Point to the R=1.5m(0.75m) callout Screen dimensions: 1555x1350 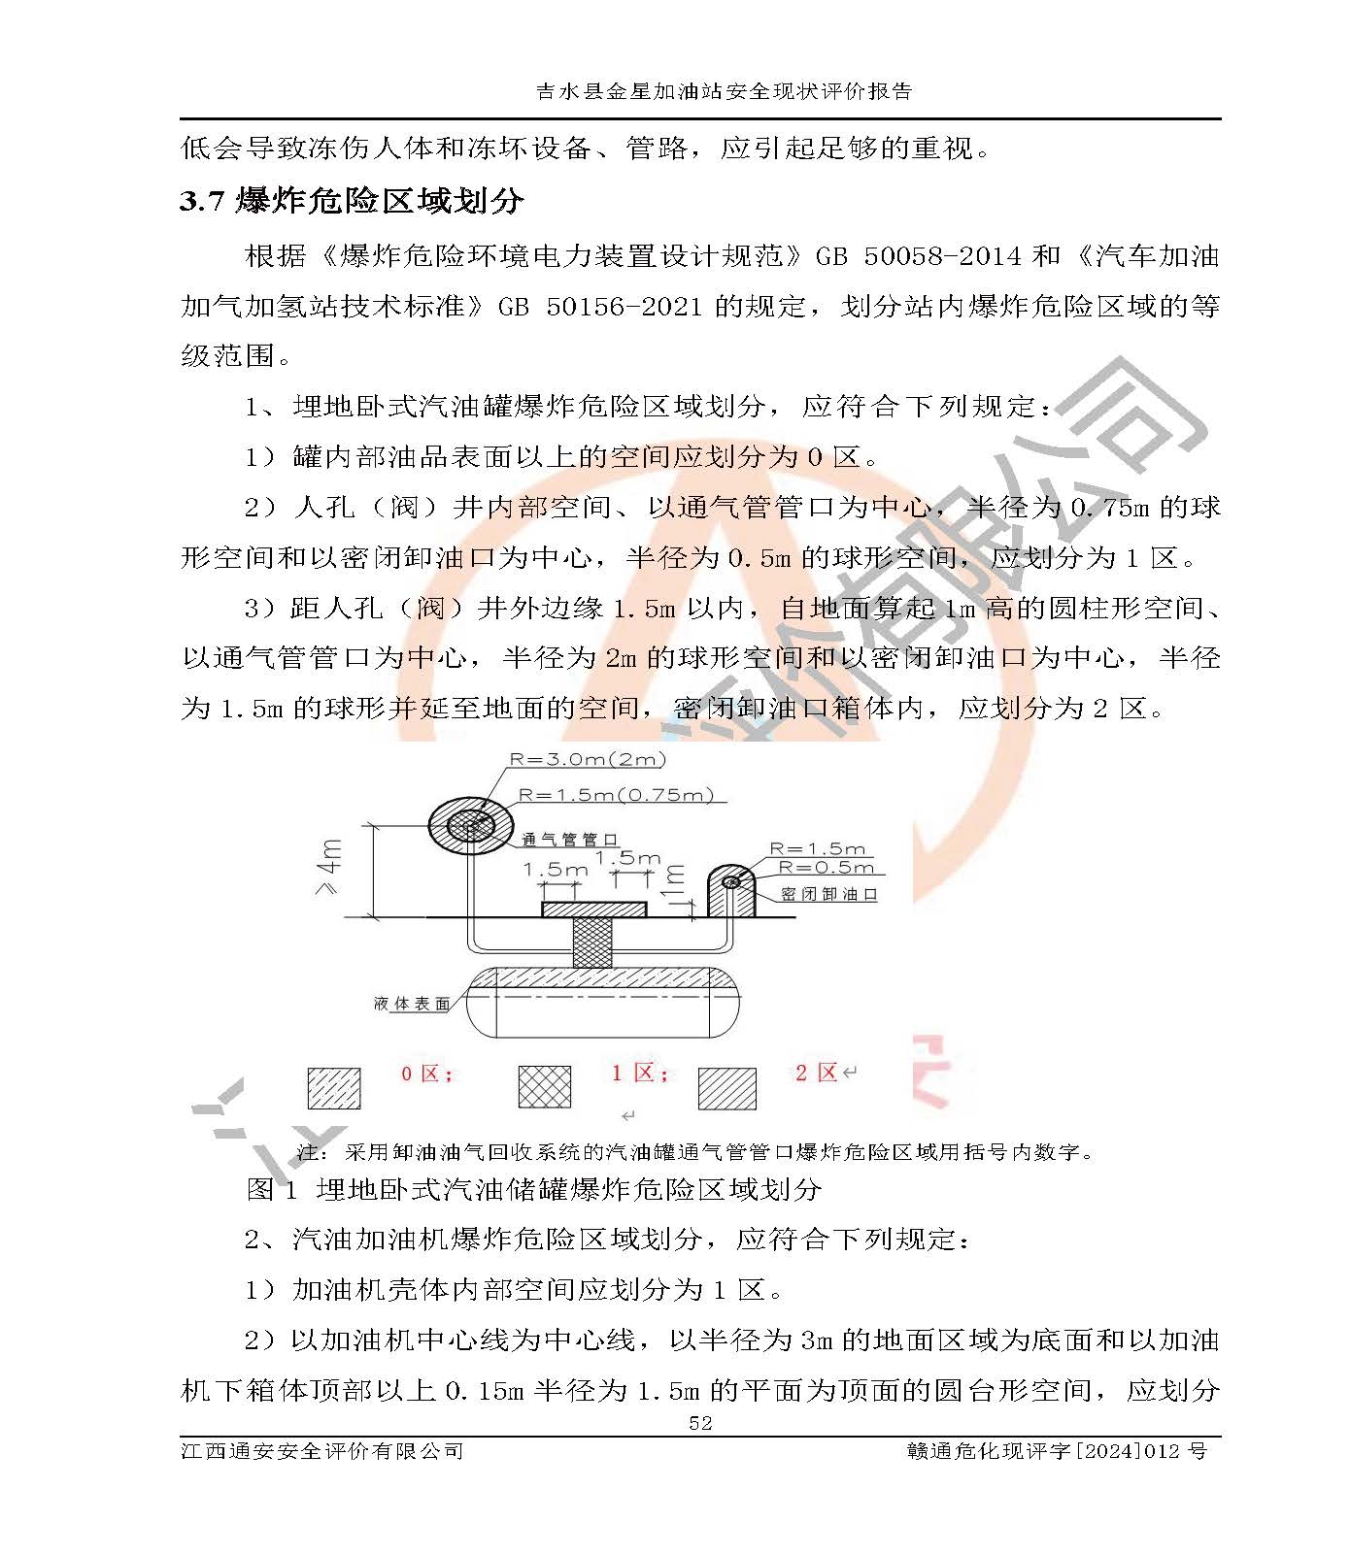[616, 795]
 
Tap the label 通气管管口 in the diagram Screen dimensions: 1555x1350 [569, 840]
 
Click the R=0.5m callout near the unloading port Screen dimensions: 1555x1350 [826, 868]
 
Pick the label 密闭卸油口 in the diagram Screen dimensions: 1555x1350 [828, 894]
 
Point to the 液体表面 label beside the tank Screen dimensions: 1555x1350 [412, 1004]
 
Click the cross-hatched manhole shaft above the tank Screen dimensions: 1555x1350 [592, 942]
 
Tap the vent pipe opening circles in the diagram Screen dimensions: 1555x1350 [471, 826]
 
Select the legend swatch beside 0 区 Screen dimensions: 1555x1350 [334, 1088]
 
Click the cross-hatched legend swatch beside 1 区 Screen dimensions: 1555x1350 [544, 1087]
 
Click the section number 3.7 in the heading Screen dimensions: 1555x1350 [202, 201]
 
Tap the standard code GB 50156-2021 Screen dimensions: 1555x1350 [599, 307]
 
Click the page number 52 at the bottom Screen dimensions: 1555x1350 [699, 1423]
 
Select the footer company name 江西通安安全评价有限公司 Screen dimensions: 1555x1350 [322, 1451]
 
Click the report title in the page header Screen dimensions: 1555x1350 [725, 91]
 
